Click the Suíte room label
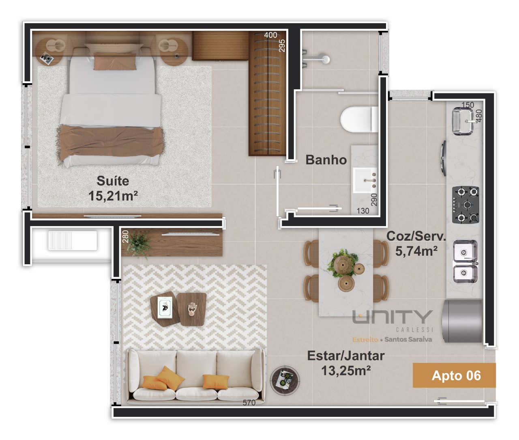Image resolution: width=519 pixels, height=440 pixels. pos(113,181)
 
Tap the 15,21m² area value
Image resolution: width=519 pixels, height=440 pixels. pos(113,196)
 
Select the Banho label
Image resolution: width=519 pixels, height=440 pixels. pos(326,160)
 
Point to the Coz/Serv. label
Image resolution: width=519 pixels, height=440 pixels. pos(416,236)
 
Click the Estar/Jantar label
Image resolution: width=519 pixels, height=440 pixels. pos(346,356)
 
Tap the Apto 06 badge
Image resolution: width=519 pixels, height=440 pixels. pos(454,375)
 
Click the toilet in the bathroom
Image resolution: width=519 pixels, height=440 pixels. pos(359,119)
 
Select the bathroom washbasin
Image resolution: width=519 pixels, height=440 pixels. pos(365,180)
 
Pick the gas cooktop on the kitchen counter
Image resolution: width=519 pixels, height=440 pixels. pos(465,205)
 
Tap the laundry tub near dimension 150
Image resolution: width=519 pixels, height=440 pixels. pos(463,121)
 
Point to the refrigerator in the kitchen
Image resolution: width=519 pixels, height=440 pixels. pos(462,321)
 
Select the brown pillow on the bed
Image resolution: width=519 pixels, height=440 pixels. pos(115,61)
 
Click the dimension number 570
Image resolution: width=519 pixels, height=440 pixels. pos(249,403)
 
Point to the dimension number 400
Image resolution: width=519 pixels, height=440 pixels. pos(270,35)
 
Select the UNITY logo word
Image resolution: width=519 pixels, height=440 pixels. pos(393,317)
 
